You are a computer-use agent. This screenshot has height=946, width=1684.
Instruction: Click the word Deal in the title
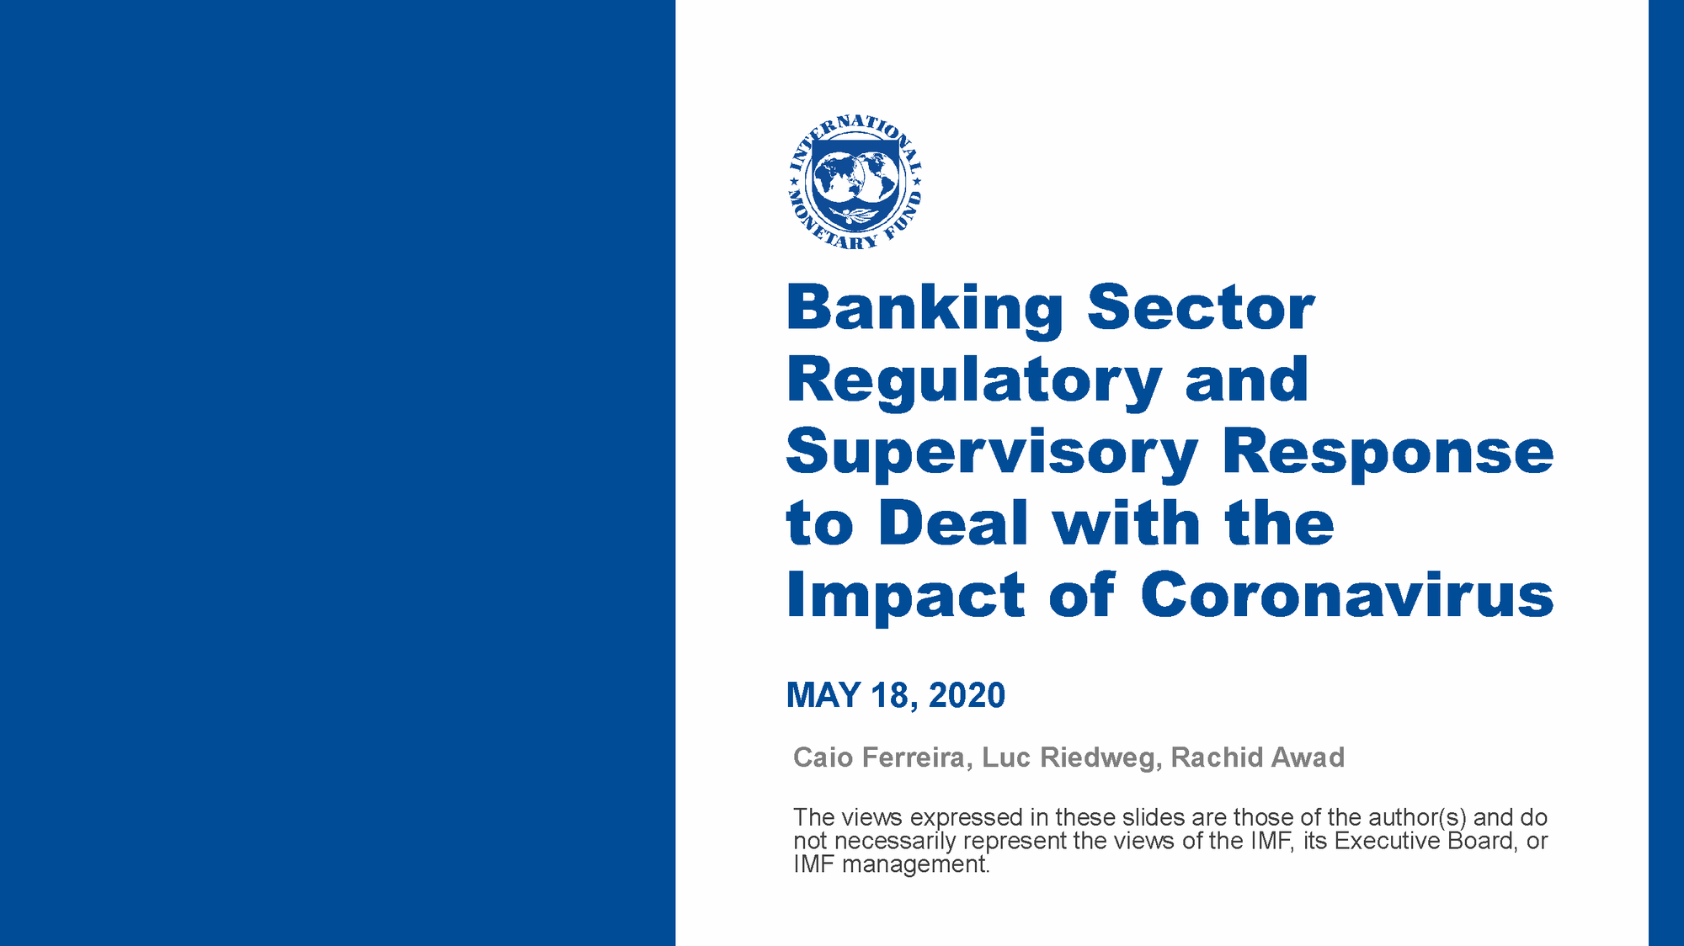[953, 523]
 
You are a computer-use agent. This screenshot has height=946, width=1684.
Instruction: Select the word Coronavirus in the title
[1346, 594]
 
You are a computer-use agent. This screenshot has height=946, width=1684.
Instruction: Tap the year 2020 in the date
[967, 695]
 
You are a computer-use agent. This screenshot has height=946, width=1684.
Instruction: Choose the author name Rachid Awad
[1258, 757]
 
